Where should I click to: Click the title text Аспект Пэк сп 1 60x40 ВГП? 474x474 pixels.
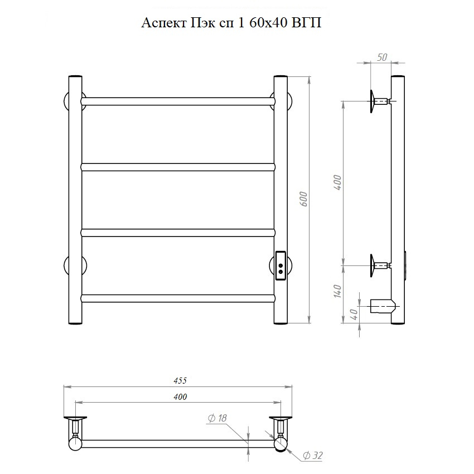pyautogui.click(x=231, y=23)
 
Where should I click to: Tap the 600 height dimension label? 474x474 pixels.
pyautogui.click(x=304, y=199)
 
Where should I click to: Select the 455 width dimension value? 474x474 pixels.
pyautogui.click(x=180, y=380)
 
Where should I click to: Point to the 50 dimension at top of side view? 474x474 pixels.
pyautogui.click(x=382, y=57)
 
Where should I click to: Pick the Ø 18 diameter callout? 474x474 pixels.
pyautogui.click(x=217, y=418)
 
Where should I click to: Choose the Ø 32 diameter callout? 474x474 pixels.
pyautogui.click(x=313, y=455)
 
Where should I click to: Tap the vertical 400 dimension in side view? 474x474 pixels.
pyautogui.click(x=337, y=182)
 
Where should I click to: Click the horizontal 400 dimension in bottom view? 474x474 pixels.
pyautogui.click(x=180, y=397)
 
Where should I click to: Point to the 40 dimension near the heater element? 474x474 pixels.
pyautogui.click(x=355, y=315)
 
